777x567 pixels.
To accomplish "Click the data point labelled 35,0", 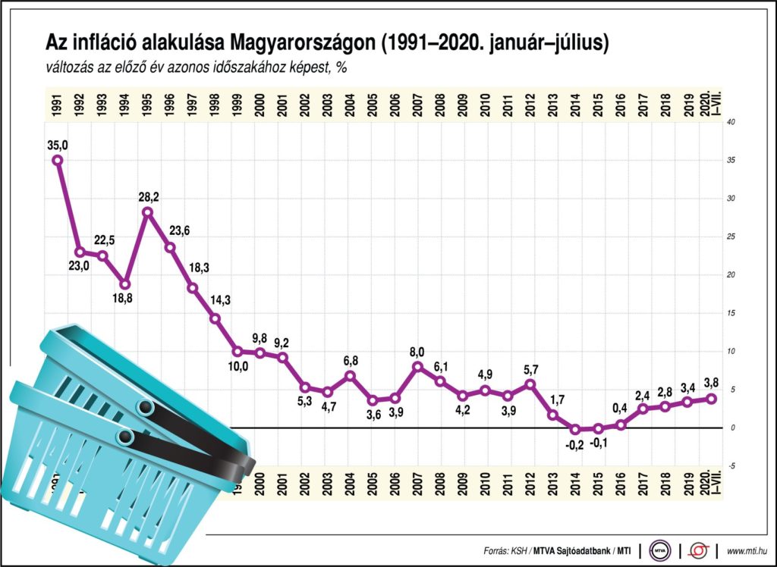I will pyautogui.click(x=58, y=160).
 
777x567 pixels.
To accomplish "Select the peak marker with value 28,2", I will pyautogui.click(x=148, y=211).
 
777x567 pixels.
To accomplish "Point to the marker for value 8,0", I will pyautogui.click(x=417, y=366).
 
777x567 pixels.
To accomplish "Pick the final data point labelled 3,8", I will pyautogui.click(x=711, y=399).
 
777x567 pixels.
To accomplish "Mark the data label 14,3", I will pyautogui.click(x=219, y=300).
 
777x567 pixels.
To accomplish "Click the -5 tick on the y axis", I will pyautogui.click(x=731, y=466).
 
